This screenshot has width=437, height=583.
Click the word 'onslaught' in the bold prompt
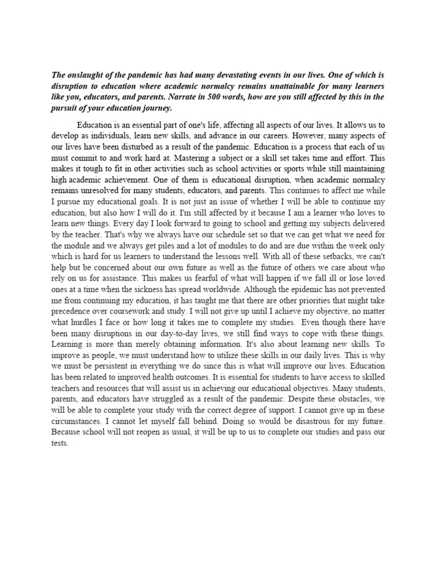tap(86, 75)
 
